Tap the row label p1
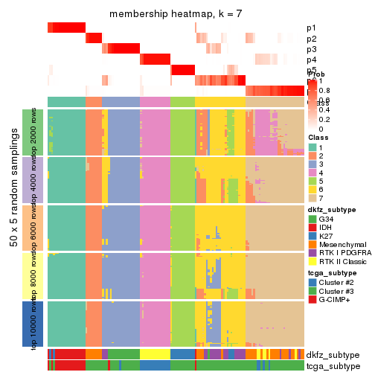tap(311, 28)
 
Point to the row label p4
tap(311, 60)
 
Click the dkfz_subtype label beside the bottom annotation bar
tap(333, 354)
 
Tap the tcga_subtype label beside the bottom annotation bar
tap(333, 365)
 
